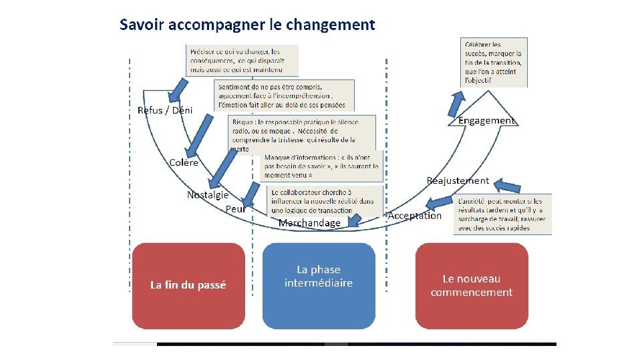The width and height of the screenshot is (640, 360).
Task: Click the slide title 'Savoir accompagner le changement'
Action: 247,25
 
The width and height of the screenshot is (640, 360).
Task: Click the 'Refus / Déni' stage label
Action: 164,110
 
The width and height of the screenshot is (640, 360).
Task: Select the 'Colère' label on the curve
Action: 184,162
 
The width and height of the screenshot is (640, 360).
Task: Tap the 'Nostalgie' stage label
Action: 208,195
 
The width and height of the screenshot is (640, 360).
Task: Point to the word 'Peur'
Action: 236,209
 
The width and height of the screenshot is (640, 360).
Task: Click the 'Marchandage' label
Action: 309,222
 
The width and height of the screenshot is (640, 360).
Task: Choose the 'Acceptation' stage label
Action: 415,215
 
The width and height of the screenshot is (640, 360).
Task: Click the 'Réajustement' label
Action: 458,180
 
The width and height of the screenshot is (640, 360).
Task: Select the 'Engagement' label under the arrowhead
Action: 486,120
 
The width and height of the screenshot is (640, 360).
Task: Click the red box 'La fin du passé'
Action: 188,285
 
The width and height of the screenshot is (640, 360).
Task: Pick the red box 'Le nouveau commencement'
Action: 472,285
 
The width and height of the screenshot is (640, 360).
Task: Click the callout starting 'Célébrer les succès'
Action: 495,62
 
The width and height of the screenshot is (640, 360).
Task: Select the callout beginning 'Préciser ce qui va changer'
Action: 242,60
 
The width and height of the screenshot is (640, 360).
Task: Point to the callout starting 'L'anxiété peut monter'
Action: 503,214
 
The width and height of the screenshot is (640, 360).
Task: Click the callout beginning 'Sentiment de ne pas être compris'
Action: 285,96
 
